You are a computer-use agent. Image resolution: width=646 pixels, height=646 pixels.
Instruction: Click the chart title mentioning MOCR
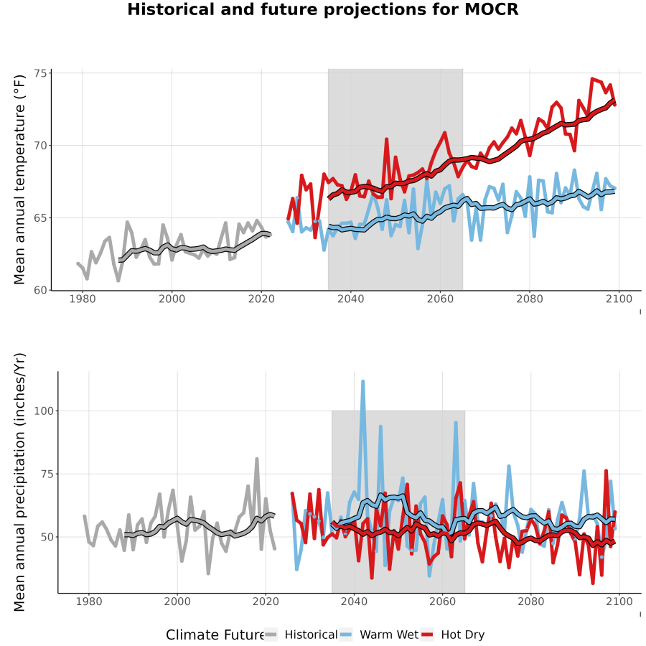[322, 9]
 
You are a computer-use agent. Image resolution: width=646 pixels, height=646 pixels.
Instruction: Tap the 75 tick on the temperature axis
[40, 73]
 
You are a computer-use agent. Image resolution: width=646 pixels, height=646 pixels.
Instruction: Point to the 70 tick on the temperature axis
[40, 146]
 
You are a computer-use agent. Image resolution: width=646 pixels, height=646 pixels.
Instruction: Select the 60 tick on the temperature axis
[40, 291]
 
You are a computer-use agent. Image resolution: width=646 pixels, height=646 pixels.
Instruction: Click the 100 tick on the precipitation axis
[43, 411]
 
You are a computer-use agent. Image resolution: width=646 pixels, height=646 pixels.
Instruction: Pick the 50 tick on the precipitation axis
[47, 537]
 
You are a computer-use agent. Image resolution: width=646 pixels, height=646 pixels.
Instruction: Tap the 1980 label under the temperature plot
[83, 299]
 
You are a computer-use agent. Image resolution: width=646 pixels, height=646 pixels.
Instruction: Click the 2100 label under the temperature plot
[619, 299]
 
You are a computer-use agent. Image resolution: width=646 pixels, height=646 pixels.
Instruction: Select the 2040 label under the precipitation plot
[354, 601]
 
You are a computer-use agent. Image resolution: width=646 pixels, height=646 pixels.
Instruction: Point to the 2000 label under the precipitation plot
[177, 601]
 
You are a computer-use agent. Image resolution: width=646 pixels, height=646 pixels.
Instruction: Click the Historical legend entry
[300, 635]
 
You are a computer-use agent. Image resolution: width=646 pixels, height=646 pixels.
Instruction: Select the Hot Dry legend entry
[453, 635]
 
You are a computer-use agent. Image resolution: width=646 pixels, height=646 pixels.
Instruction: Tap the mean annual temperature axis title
[19, 179]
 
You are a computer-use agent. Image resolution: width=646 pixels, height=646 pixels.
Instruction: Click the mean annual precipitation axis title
[19, 482]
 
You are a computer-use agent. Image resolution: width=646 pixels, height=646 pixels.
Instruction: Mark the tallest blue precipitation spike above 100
[363, 382]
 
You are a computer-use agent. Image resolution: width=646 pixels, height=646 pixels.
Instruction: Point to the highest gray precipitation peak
[257, 459]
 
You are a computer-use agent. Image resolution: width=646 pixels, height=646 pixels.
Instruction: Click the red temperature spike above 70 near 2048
[386, 139]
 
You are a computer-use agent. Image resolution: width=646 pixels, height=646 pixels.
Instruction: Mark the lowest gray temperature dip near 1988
[118, 280]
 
